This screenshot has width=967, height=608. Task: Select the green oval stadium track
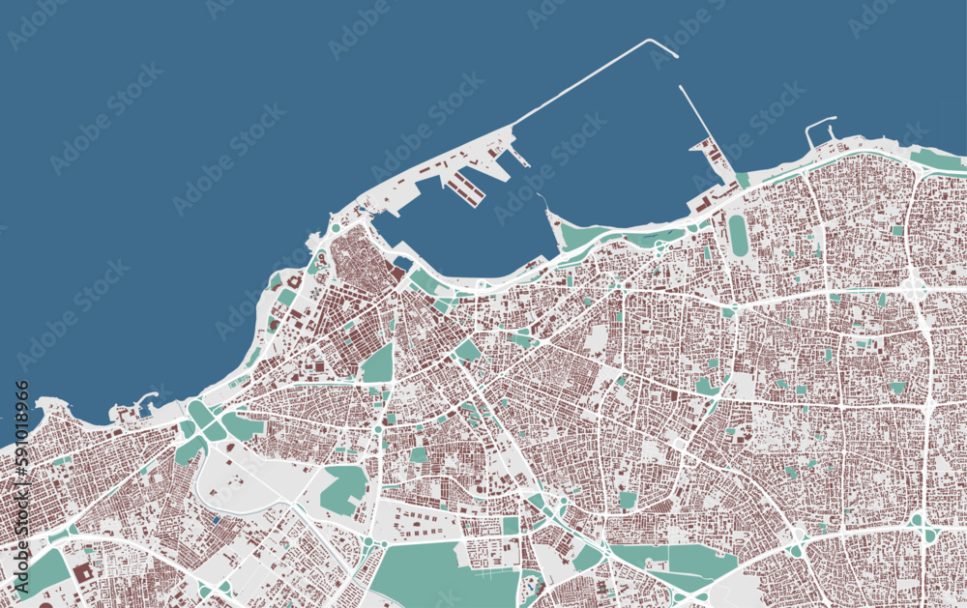point(738,235)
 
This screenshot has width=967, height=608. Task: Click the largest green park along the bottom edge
point(440,575)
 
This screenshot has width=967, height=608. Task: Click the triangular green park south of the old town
point(378,364)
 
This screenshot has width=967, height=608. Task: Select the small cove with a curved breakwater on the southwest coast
point(145,398)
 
